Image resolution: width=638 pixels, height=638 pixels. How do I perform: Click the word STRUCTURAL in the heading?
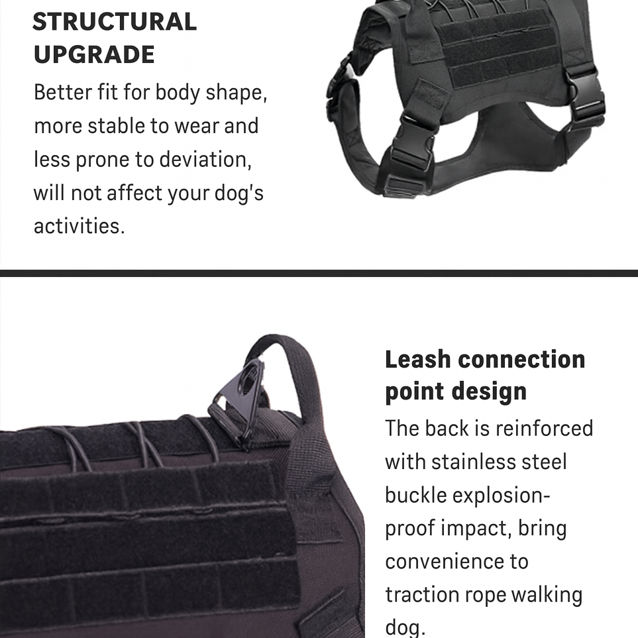coord(115,22)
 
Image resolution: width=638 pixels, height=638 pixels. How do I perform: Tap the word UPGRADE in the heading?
coord(94,54)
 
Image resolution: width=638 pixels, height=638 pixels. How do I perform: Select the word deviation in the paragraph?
coord(205,159)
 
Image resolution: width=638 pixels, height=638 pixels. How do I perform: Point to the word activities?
coord(79,226)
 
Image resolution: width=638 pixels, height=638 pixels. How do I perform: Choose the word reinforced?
coord(544,429)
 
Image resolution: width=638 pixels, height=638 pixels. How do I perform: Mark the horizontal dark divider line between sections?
coord(319,273)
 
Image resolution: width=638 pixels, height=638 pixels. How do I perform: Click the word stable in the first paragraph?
coord(116,126)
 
